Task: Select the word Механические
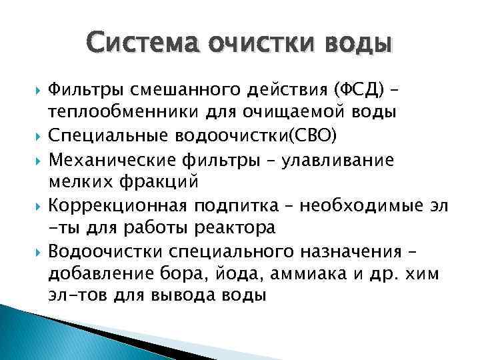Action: pyautogui.click(x=109, y=160)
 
